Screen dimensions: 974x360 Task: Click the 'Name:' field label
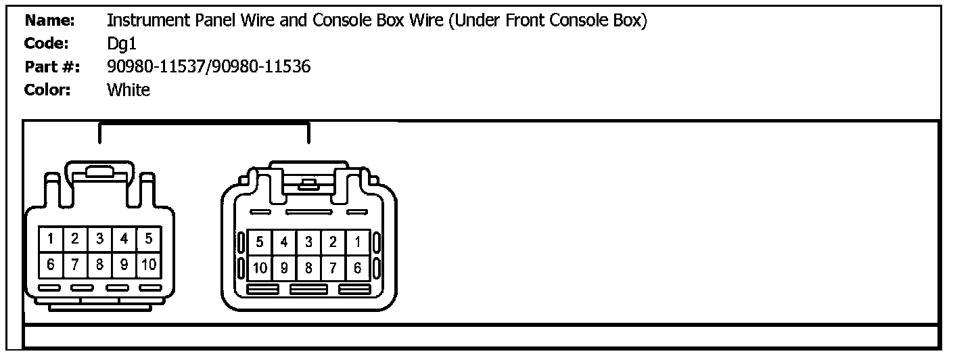49,21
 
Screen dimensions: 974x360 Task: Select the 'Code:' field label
47,44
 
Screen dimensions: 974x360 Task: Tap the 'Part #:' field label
52,67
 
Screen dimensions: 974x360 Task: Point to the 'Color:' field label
47,90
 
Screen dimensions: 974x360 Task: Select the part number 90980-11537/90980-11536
209,67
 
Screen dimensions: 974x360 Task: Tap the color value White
129,90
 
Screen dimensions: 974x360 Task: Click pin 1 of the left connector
51,239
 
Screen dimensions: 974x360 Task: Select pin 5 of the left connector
149,239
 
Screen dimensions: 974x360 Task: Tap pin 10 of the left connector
149,265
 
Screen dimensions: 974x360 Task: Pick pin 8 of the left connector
99,265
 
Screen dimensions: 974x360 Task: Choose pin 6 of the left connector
51,265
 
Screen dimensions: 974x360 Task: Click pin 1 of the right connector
357,242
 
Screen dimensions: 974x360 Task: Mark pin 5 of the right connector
260,242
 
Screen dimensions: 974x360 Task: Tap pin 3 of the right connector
308,242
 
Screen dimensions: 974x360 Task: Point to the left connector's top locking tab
99,171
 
